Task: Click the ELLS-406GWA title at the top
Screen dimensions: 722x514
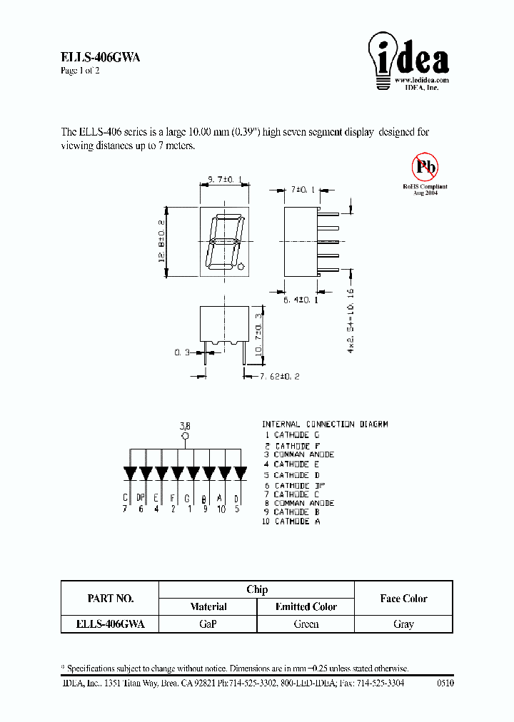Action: click(x=100, y=59)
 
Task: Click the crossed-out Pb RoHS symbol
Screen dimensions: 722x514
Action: click(x=425, y=167)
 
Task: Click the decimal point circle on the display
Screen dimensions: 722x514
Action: click(x=241, y=268)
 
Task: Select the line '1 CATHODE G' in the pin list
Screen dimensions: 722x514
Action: click(x=292, y=434)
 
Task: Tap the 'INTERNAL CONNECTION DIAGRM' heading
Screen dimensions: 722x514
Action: click(x=325, y=424)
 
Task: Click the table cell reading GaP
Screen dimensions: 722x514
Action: click(x=208, y=624)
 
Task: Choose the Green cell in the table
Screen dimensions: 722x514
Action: click(x=306, y=624)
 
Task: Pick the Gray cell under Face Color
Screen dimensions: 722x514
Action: click(x=403, y=624)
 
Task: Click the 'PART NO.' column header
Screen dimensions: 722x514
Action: click(x=110, y=599)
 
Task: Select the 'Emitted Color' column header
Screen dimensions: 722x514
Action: click(x=306, y=606)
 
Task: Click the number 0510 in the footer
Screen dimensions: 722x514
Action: click(x=444, y=683)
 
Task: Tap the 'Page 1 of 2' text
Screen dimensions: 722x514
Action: click(x=80, y=71)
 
